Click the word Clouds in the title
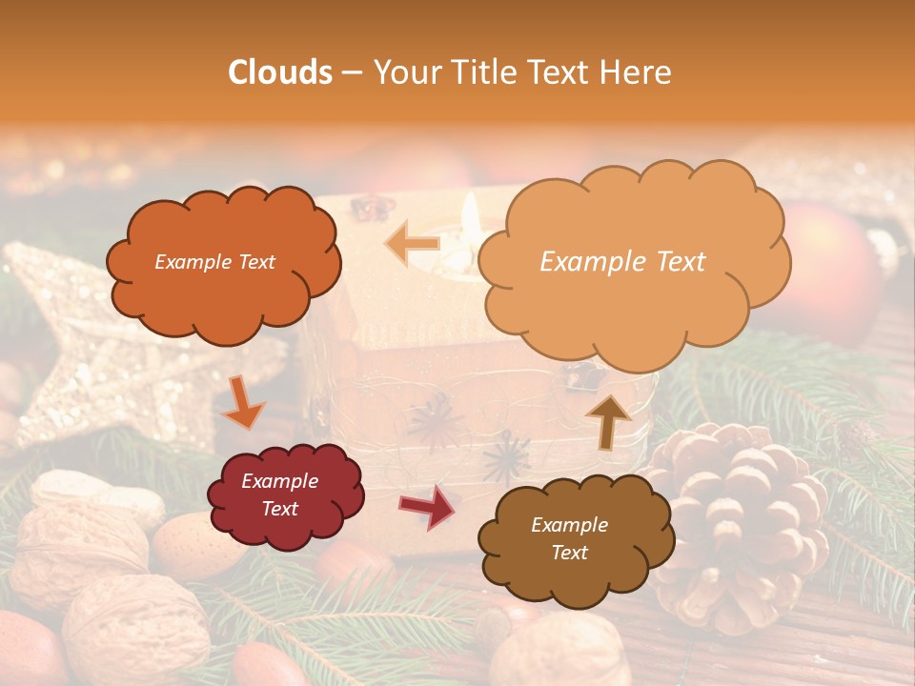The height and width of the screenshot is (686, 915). tap(280, 72)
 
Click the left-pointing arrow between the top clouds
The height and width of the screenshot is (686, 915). tap(413, 243)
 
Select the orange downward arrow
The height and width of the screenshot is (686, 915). tap(242, 402)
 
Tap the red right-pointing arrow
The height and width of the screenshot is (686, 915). tap(428, 507)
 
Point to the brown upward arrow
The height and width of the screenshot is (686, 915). tap(608, 420)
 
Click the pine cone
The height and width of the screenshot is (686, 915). tap(743, 519)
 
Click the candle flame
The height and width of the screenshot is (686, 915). tap(470, 214)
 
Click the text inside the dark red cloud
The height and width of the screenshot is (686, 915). tap(280, 495)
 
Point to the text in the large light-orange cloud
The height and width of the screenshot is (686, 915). tap(622, 262)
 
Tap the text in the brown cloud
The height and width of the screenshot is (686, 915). tap(569, 538)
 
